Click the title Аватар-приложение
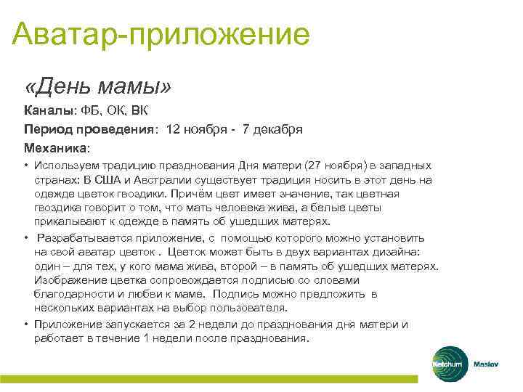[161, 33]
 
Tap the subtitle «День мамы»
[98, 86]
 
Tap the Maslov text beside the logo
[486, 363]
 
